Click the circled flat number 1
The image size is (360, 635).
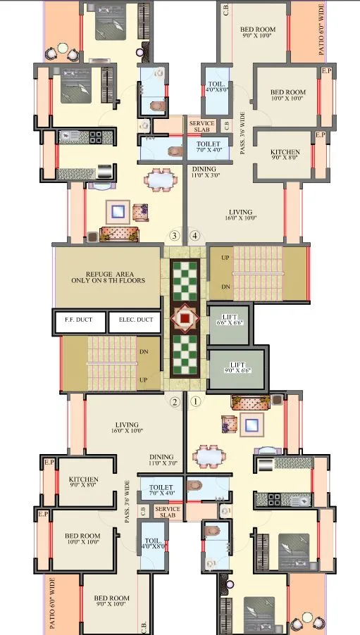pyautogui.click(x=196, y=402)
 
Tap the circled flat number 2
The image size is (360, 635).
pyautogui.click(x=175, y=402)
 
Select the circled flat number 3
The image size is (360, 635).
pyautogui.click(x=175, y=235)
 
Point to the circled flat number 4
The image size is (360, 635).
pyautogui.click(x=195, y=235)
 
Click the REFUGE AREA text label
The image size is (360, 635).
pyautogui.click(x=106, y=277)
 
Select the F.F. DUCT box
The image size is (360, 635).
pyautogui.click(x=79, y=320)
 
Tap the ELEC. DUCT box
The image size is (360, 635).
pyautogui.click(x=136, y=320)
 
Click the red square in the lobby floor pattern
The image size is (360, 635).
pyautogui.click(x=185, y=318)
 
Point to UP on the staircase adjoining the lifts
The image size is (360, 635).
pyautogui.click(x=225, y=258)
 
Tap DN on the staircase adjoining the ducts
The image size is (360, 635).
pyautogui.click(x=143, y=351)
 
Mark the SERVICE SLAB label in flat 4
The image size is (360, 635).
pyautogui.click(x=202, y=127)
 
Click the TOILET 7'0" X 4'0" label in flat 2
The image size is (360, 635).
pyautogui.click(x=161, y=489)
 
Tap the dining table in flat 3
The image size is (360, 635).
pyautogui.click(x=161, y=181)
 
